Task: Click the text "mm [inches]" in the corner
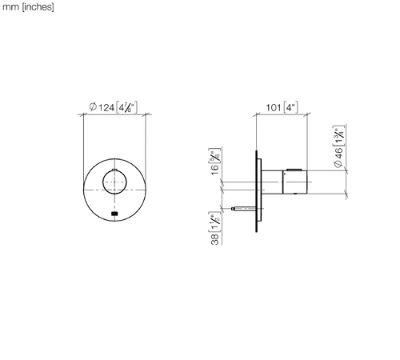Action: [x=28, y=7]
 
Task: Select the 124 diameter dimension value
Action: [x=106, y=108]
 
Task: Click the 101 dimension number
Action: [x=274, y=108]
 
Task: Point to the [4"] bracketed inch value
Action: [x=290, y=107]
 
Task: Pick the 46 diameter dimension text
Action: [x=338, y=154]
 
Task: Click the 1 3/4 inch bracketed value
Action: [x=338, y=136]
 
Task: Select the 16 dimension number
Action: [x=215, y=170]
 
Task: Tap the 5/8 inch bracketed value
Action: [x=215, y=155]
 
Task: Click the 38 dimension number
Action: [x=215, y=239]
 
